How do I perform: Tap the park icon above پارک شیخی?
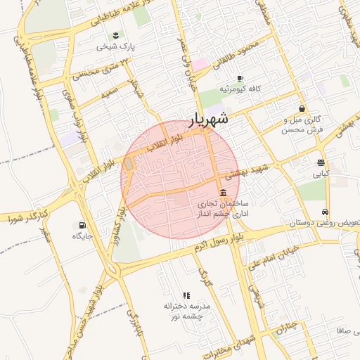115,34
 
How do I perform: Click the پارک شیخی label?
116,46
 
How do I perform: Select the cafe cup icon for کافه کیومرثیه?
240,78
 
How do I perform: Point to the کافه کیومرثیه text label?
240,89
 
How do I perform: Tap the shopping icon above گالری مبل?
302,109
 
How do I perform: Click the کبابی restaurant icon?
321,162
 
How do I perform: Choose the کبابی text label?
320,173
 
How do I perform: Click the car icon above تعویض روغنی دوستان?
324,212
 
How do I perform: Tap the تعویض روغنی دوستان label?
326,224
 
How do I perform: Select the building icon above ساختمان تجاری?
223,193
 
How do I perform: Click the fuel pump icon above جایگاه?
83,226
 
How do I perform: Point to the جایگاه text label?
83,237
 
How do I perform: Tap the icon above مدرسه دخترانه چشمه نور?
186,295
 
